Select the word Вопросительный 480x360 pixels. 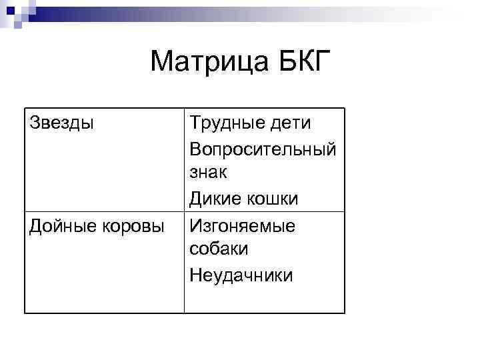(262, 148)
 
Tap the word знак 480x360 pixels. (209, 173)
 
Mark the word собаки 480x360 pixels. (219, 249)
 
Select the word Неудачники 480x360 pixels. (241, 275)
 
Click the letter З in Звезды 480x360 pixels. (34, 123)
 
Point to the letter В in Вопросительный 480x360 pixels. (195, 148)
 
